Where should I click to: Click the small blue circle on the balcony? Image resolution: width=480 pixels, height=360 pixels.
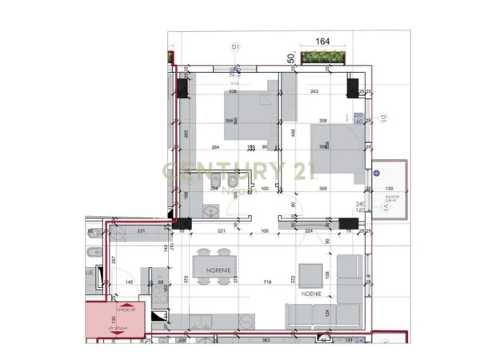click(379, 170)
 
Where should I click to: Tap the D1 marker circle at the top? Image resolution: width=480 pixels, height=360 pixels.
click(236, 48)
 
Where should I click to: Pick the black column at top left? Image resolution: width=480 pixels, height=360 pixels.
click(182, 88)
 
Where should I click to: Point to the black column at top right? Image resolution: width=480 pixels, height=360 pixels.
click(351, 88)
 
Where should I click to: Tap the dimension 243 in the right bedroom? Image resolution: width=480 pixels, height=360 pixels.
click(314, 91)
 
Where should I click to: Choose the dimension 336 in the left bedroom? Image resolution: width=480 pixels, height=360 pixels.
click(233, 91)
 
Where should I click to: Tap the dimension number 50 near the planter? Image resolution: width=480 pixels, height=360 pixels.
click(291, 58)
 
